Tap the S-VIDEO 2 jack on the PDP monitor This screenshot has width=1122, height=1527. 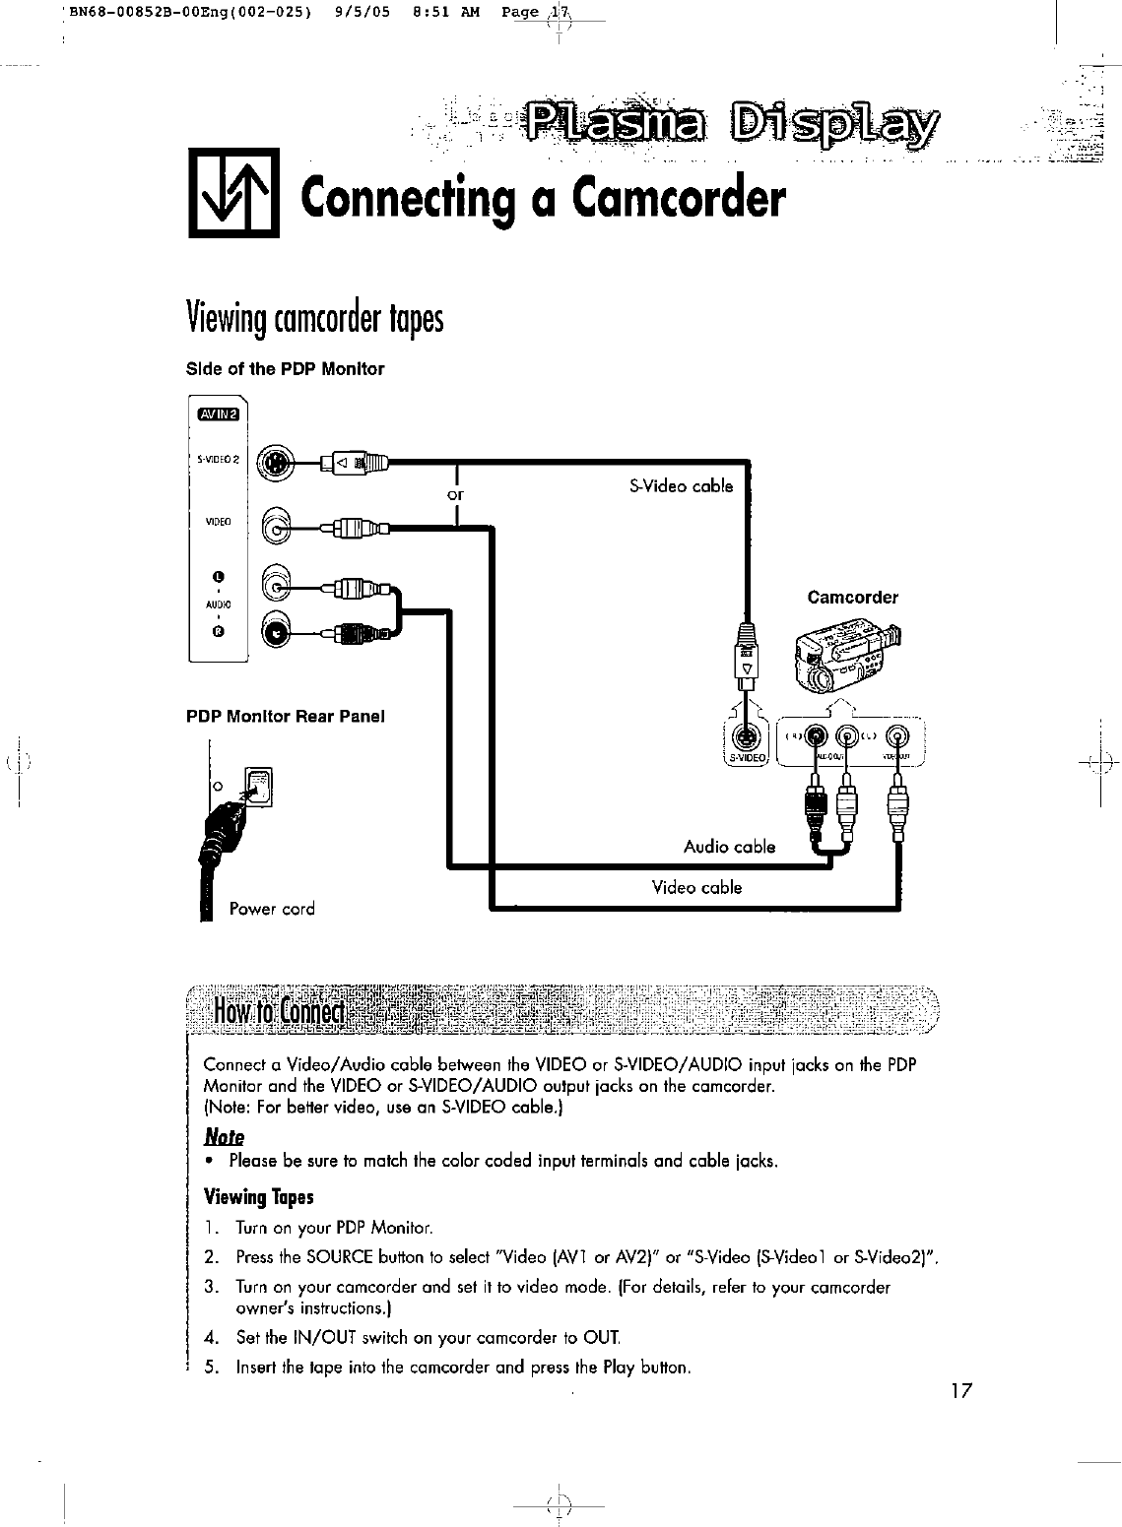click(x=278, y=462)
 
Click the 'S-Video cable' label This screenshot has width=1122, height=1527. click(x=681, y=485)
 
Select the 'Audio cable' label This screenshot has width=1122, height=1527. click(x=729, y=847)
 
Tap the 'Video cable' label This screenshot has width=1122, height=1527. click(x=696, y=888)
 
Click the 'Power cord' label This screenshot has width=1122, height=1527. click(x=272, y=909)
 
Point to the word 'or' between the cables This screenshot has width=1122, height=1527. click(x=455, y=494)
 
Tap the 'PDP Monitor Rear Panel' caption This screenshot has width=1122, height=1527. click(x=286, y=716)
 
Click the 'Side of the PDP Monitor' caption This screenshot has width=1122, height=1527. click(x=285, y=369)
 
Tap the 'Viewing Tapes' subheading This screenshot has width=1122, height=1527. click(x=258, y=1197)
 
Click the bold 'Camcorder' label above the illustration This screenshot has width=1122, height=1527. click(x=852, y=598)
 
